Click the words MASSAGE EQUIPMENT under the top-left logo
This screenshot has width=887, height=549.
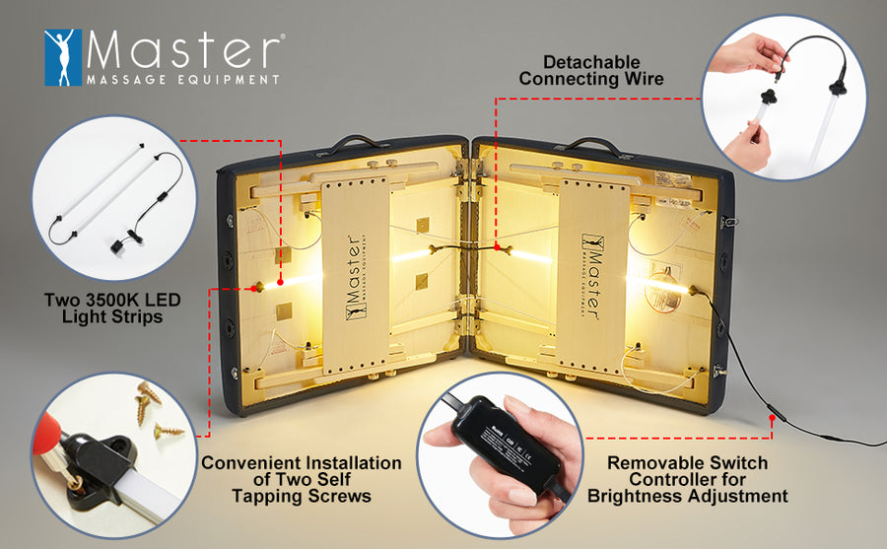(182, 78)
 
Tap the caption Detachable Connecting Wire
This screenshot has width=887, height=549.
(590, 70)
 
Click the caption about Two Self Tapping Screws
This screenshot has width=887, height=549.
(301, 479)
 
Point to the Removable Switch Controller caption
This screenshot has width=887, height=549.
(687, 479)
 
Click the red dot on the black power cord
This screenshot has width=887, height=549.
(772, 419)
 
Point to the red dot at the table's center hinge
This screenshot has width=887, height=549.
(496, 246)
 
